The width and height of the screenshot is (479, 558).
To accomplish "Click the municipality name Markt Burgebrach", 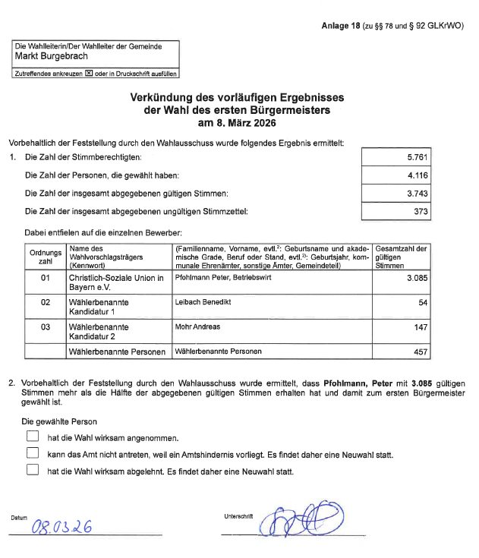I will [x=52, y=56].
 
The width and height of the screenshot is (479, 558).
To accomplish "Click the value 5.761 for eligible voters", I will [x=418, y=157].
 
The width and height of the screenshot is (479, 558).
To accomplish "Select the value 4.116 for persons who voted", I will [x=418, y=175].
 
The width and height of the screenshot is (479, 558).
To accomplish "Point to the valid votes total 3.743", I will [x=418, y=194].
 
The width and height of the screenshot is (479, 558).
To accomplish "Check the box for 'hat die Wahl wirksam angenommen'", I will [x=32, y=437].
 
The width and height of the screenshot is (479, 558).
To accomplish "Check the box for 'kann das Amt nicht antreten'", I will [x=32, y=453].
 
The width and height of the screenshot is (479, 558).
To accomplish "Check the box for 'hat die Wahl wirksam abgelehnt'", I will [x=32, y=470].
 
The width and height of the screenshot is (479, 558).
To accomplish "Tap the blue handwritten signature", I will [x=296, y=520].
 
